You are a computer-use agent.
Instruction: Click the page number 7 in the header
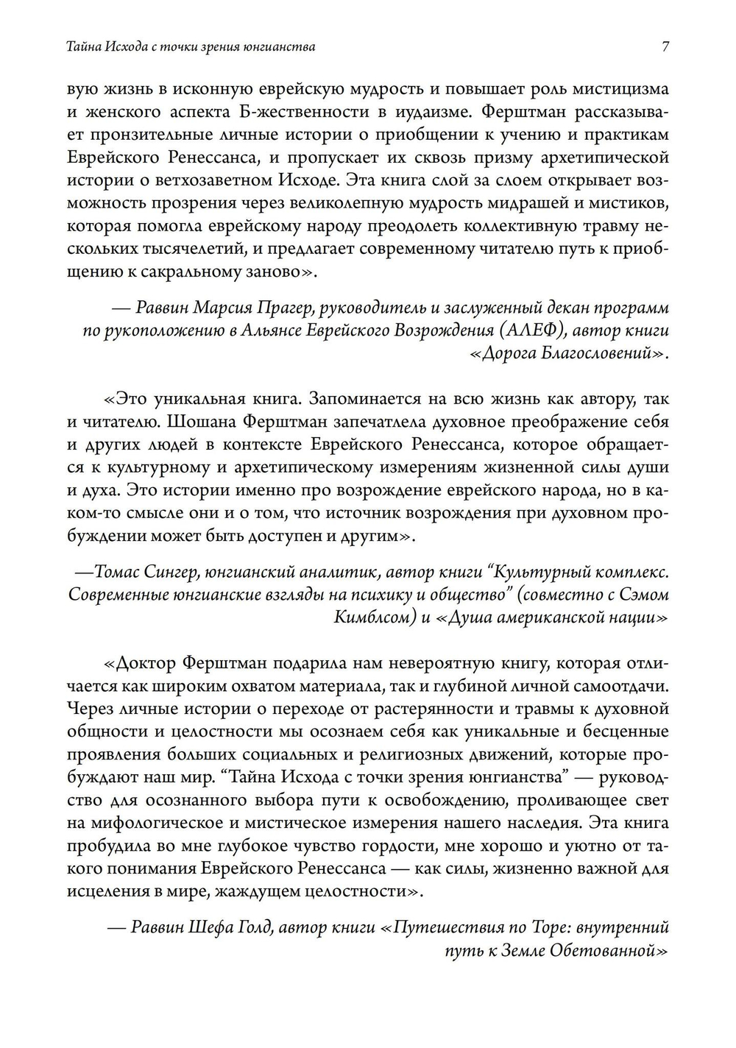pos(665,47)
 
